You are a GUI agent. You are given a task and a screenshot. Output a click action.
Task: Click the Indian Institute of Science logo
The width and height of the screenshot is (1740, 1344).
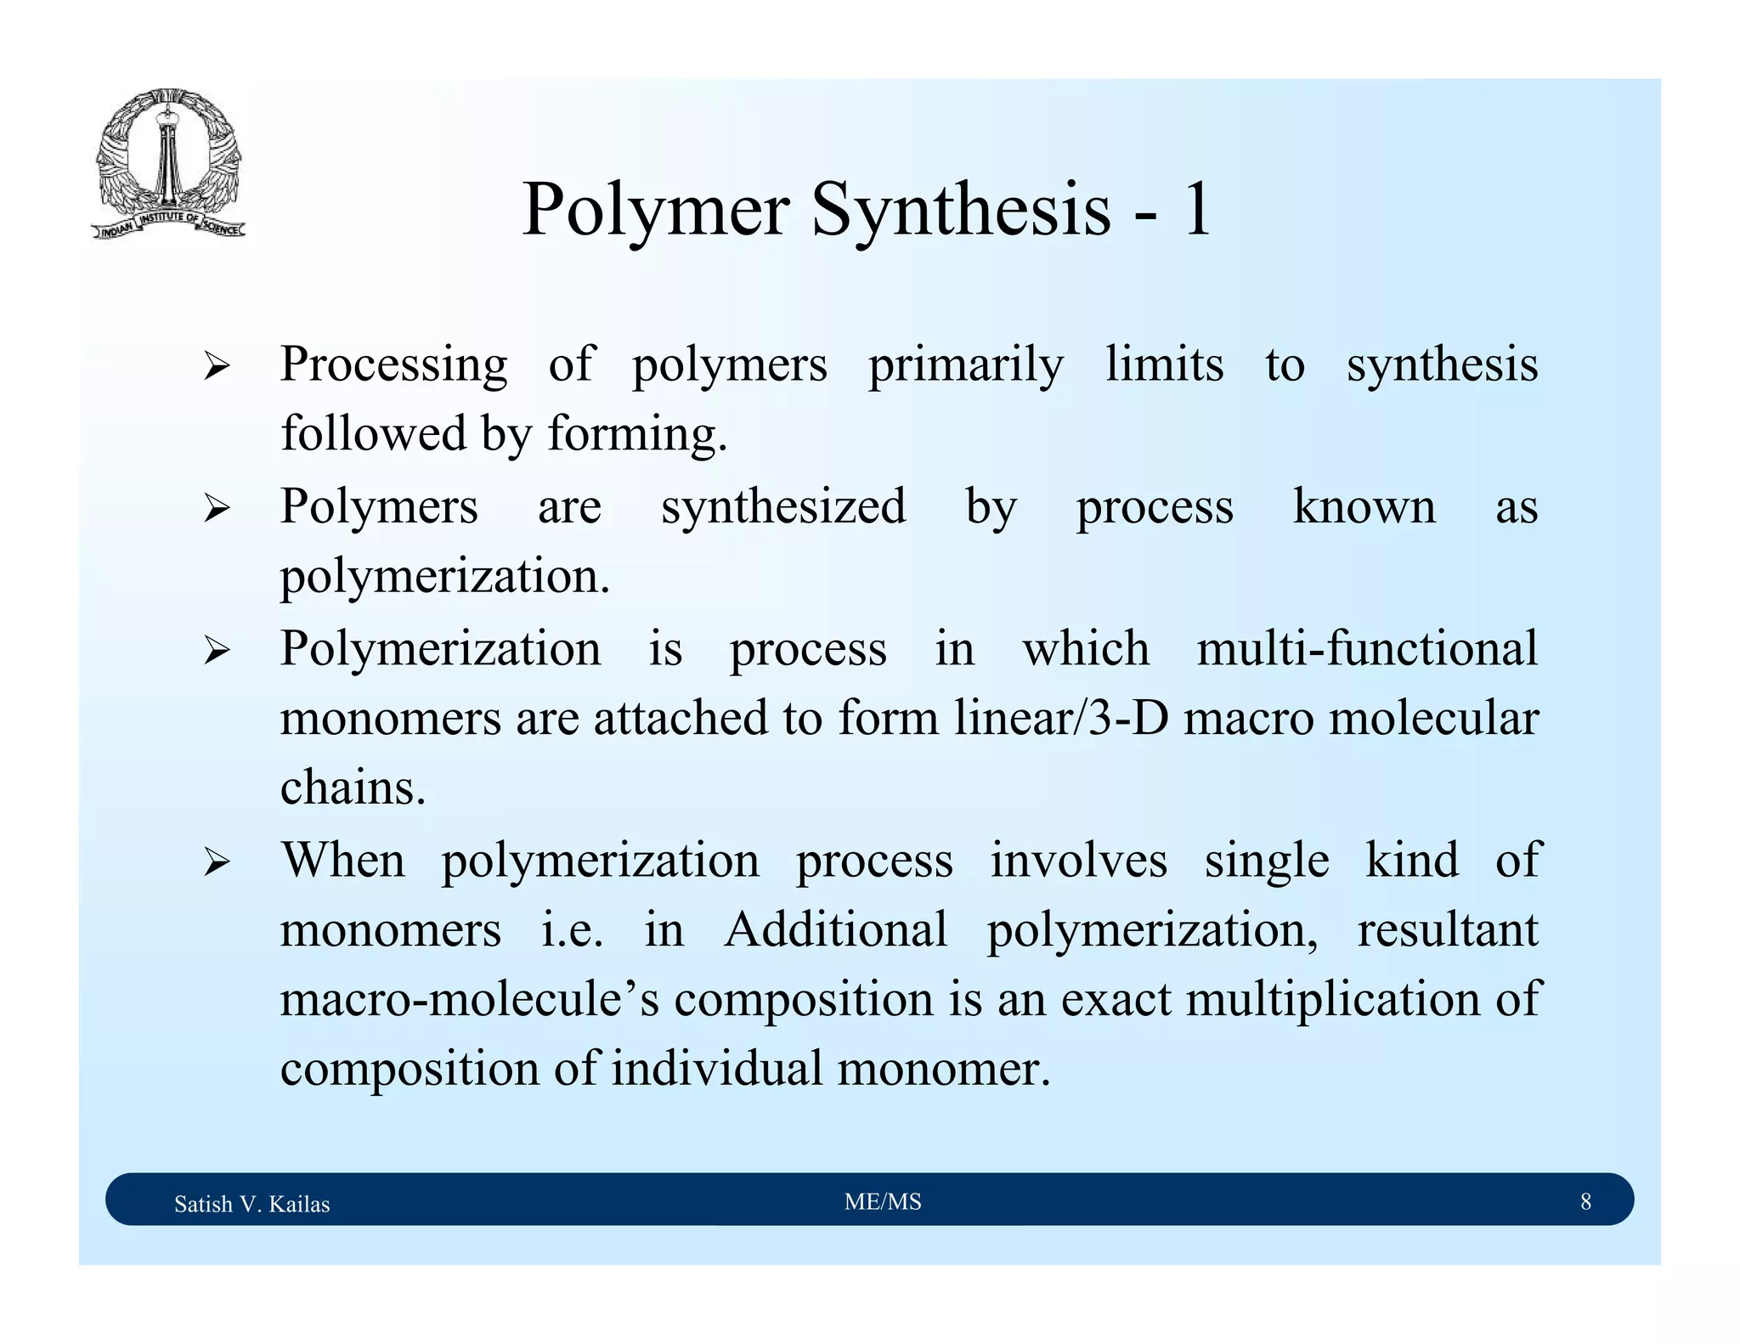point(168,163)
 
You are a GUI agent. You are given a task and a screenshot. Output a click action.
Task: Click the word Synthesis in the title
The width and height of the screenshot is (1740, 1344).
point(961,210)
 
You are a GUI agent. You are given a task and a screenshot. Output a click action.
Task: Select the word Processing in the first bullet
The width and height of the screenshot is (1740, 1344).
point(394,365)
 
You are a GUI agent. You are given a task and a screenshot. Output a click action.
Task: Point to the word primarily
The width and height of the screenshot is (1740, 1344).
point(965,365)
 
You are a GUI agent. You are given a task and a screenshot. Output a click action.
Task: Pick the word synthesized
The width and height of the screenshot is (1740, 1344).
point(783,507)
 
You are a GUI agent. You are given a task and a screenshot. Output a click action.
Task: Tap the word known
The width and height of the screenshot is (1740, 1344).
point(1364,507)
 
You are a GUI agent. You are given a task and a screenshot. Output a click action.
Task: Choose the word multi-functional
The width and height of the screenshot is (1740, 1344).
point(1367,648)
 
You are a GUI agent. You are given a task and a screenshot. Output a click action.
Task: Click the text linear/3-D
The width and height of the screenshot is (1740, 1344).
point(1060,718)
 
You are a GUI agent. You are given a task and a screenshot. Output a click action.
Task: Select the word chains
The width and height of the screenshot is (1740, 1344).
point(353,788)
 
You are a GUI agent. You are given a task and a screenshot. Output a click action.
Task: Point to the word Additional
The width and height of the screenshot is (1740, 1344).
point(835,929)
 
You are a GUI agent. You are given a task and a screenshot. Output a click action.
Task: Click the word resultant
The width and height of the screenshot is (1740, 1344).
point(1447,929)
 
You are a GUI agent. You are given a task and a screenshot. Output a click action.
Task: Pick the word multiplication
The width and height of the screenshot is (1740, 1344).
point(1333,998)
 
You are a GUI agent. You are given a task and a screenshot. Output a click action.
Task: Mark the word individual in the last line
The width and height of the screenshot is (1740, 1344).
point(717,1068)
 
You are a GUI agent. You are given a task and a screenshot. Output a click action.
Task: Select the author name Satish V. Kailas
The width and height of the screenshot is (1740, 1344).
point(251,1204)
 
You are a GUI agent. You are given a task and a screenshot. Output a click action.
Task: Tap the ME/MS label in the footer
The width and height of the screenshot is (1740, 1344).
point(883,1201)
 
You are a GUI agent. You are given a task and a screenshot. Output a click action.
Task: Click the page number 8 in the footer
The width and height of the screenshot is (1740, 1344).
point(1585,1201)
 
